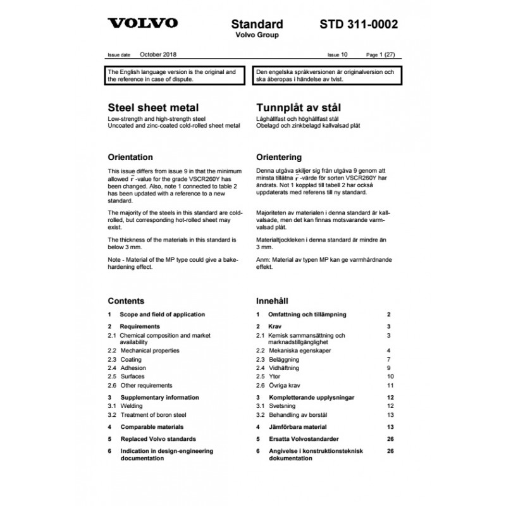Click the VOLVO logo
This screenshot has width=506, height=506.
click(142, 24)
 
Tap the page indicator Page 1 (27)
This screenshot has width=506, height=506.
click(381, 56)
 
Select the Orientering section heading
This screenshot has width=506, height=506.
click(279, 157)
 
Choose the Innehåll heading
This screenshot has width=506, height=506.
click(273, 300)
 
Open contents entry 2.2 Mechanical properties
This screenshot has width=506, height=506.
click(150, 350)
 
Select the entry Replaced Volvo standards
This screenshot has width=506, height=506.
click(157, 438)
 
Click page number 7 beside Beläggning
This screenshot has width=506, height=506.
click(390, 359)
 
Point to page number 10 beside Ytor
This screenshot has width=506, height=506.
click(390, 376)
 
